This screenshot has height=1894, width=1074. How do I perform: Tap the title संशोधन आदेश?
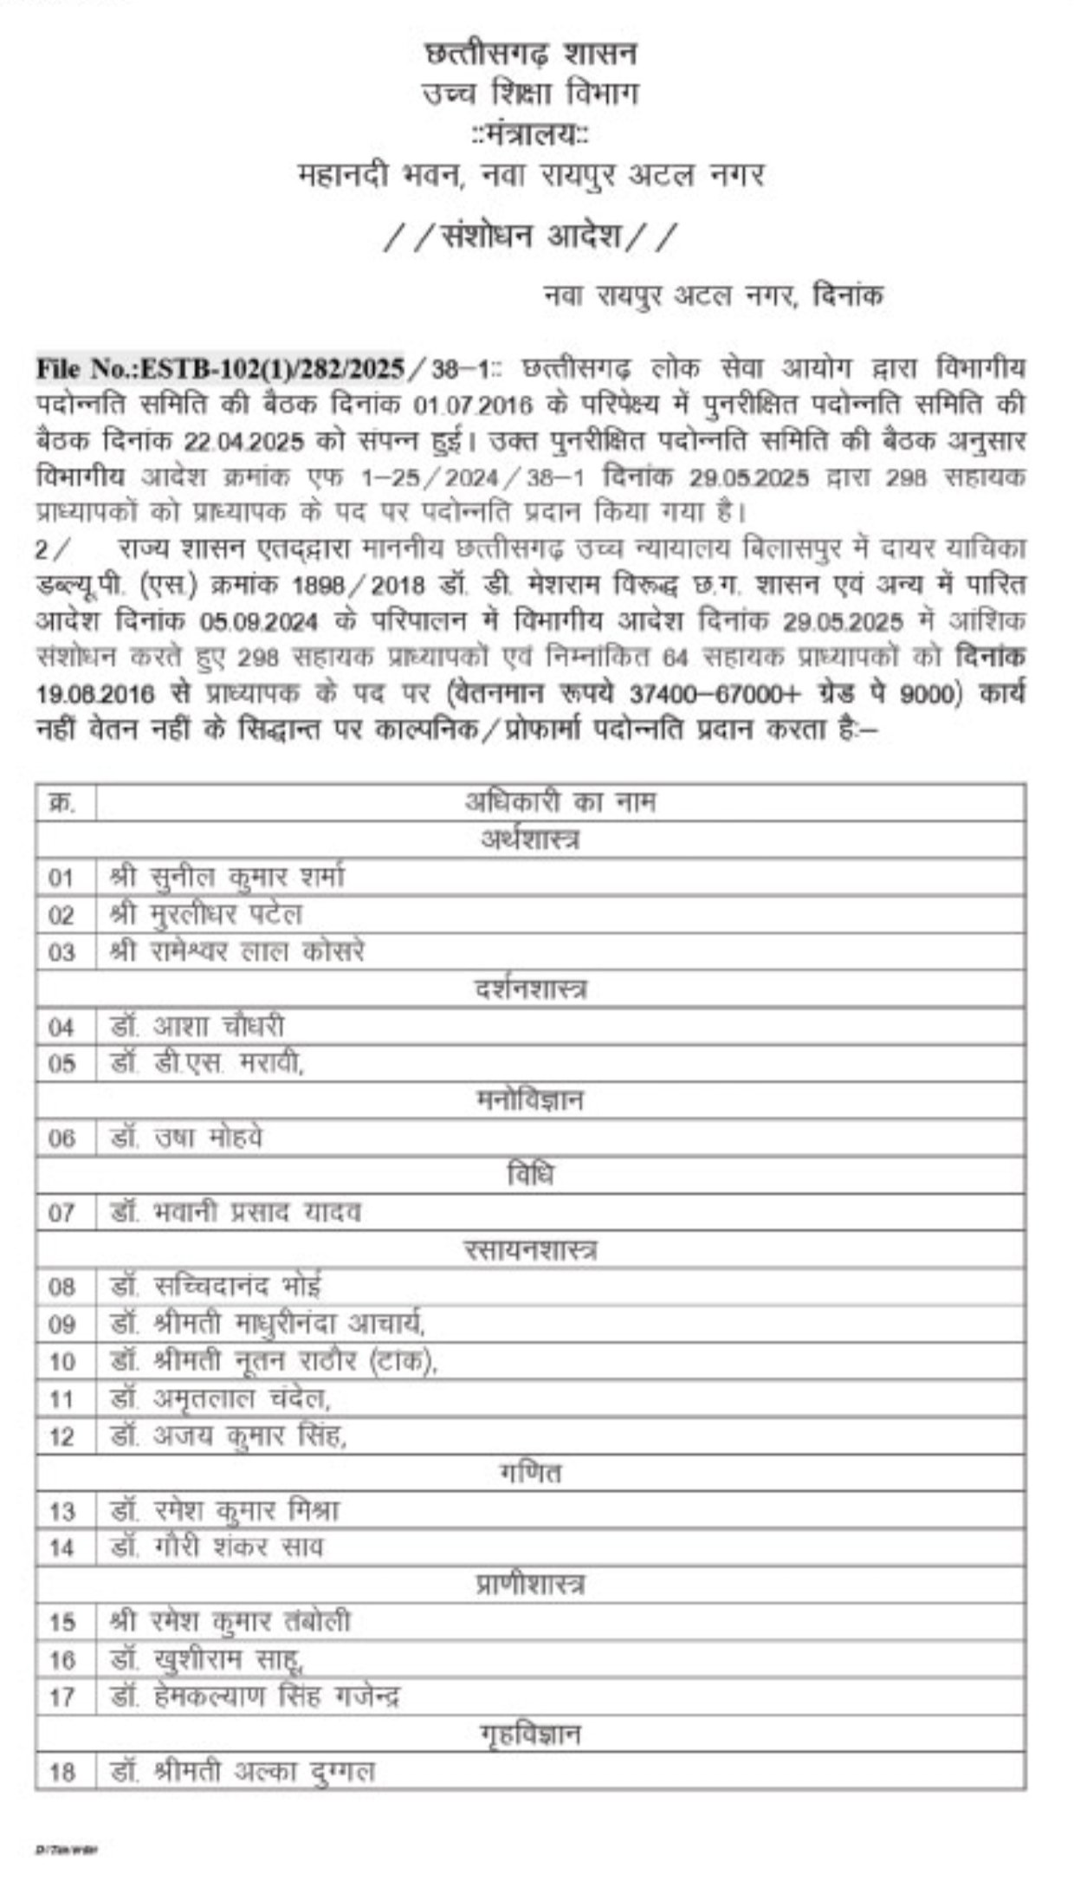[x=529, y=236]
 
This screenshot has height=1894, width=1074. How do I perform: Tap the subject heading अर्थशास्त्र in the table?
[x=530, y=839]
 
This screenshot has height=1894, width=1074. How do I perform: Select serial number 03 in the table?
[x=62, y=952]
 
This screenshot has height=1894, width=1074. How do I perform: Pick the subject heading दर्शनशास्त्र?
[x=530, y=989]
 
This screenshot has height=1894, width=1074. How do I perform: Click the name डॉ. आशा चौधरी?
[x=197, y=1027]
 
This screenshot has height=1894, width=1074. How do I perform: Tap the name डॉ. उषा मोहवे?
[x=186, y=1138]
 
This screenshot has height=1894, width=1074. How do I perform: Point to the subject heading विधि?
[x=530, y=1175]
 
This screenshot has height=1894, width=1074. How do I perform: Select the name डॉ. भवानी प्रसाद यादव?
[x=236, y=1212]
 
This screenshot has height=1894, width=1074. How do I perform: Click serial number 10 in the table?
[x=62, y=1362]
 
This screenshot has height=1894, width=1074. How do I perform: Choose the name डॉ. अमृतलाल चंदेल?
[x=221, y=1398]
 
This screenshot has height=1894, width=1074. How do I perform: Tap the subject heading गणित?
[x=530, y=1473]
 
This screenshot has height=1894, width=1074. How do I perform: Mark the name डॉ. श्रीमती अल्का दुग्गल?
[x=243, y=1772]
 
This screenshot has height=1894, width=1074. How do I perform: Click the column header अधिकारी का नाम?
[x=560, y=801]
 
